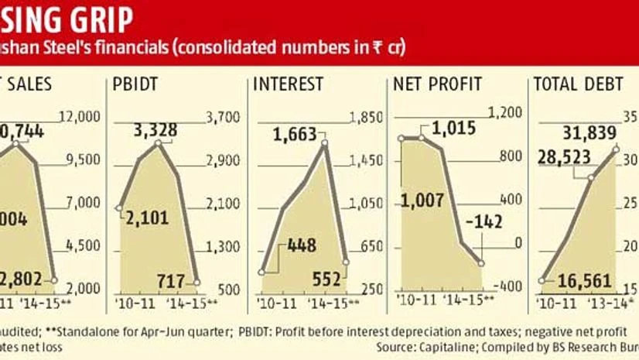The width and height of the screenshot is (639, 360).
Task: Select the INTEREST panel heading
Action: point(283,83)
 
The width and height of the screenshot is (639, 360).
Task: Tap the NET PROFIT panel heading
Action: point(437,83)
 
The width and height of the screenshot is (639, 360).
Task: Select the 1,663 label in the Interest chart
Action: point(294,135)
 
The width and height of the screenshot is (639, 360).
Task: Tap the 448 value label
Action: point(301,246)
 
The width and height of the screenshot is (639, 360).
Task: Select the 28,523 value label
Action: point(567,159)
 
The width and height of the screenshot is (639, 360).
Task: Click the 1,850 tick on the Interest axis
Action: point(367,117)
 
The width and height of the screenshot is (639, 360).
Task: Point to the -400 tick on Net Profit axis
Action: point(507,287)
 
